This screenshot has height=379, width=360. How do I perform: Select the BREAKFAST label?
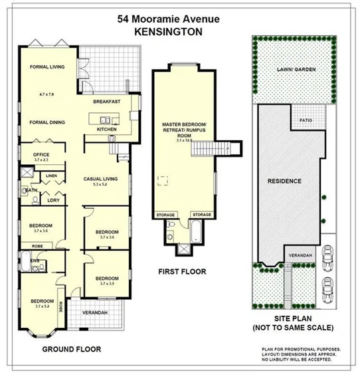[106, 102]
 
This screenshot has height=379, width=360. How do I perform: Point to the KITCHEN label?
[106, 129]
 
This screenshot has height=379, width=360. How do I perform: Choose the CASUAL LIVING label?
[100, 178]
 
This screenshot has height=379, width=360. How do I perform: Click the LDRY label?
[53, 200]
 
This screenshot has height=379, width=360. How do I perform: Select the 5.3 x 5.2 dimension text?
[100, 185]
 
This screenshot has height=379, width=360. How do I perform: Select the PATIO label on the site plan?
[306, 120]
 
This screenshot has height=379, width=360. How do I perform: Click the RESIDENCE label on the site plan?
[284, 181]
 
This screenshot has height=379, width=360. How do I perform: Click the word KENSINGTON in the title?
[165, 31]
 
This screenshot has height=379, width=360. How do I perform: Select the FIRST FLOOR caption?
[182, 271]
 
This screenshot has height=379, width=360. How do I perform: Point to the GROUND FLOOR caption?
[71, 349]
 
